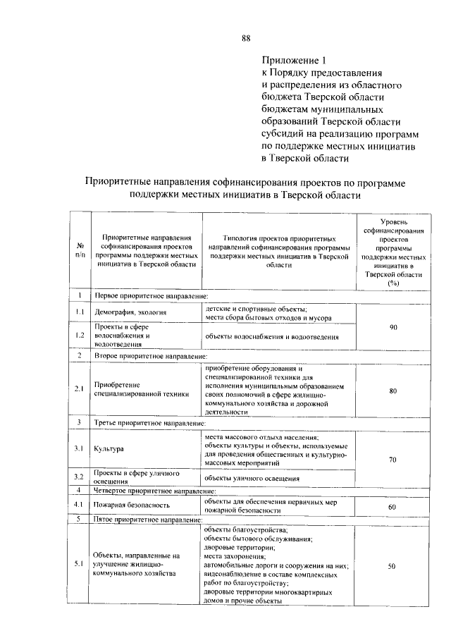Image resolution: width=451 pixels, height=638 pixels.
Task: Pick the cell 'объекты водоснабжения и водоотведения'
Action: click(x=271, y=337)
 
